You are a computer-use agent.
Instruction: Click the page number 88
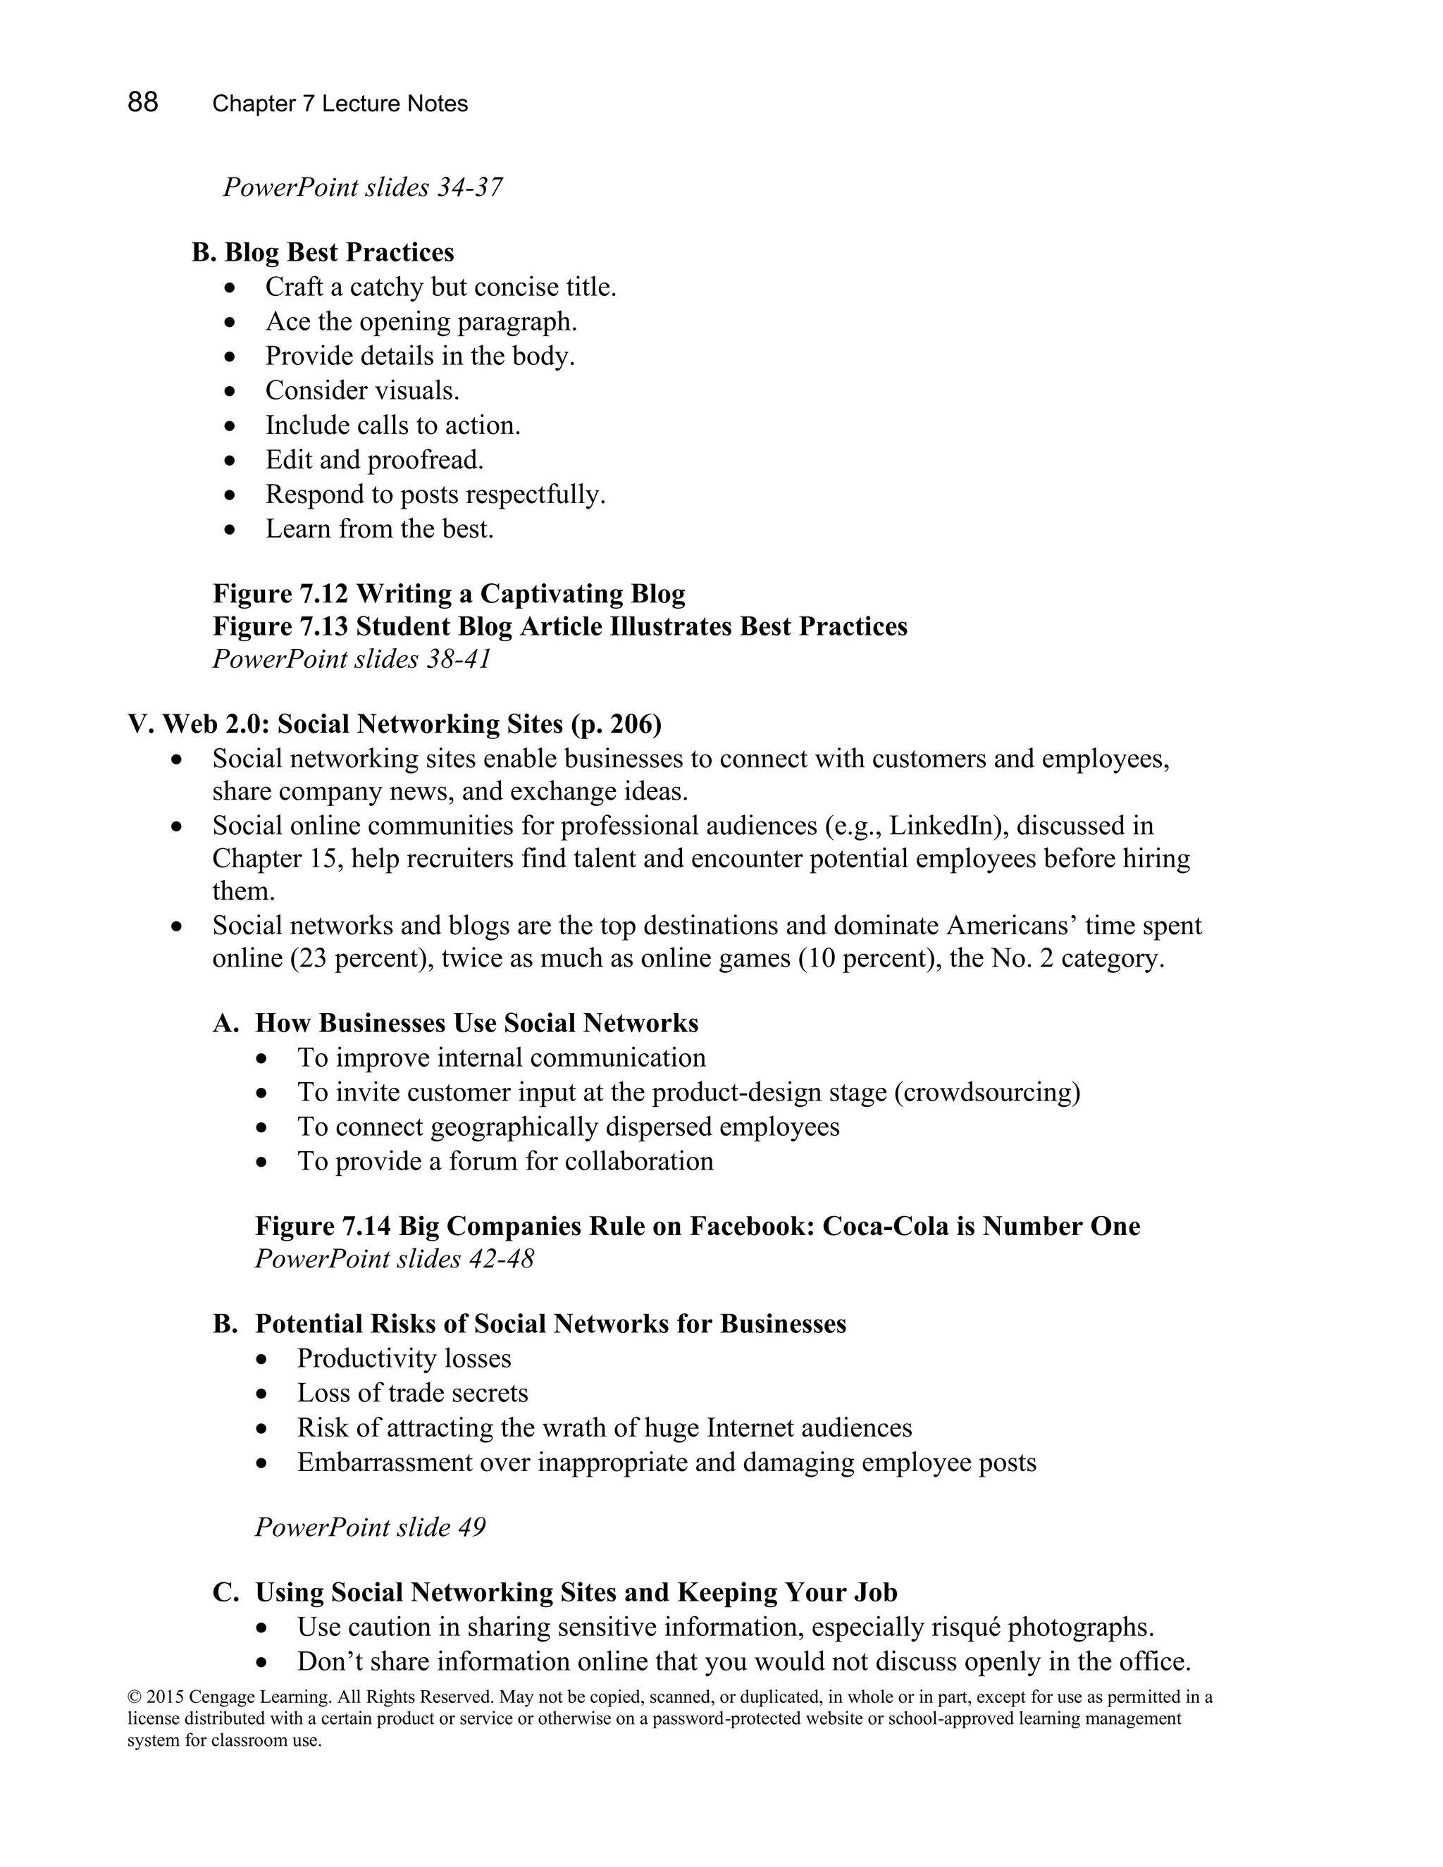143,103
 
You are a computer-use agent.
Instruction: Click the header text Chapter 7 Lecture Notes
340,104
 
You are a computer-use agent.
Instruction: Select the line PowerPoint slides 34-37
362,187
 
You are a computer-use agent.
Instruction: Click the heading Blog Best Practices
338,252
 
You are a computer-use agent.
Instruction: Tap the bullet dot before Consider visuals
229,392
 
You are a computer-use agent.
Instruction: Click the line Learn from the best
380,528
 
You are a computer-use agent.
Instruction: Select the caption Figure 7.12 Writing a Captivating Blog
448,593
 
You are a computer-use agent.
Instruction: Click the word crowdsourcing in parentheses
986,1093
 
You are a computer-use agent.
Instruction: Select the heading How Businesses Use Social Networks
476,1023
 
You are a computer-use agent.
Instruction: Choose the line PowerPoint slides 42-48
394,1259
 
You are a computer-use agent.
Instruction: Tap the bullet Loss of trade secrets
412,1394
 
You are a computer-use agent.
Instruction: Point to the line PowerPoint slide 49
369,1527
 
